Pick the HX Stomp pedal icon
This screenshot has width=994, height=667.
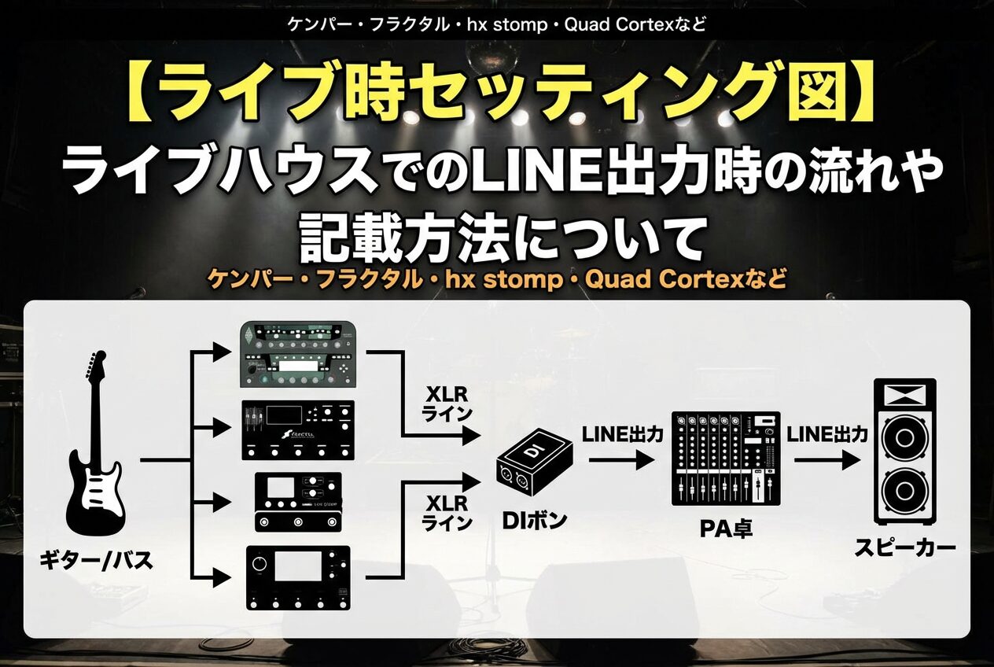[298, 502]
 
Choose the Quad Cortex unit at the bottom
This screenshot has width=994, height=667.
[297, 577]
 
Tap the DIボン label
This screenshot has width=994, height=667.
[534, 520]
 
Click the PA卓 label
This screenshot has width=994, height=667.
[726, 528]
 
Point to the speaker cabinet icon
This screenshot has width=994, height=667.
[905, 451]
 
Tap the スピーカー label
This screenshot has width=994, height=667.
[905, 547]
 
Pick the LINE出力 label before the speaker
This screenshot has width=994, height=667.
[827, 433]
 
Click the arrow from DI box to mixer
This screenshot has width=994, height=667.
[620, 461]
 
